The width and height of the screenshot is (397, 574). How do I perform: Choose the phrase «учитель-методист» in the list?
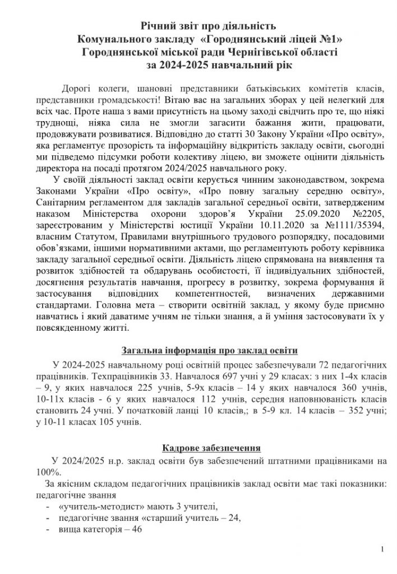pos(99,507)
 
